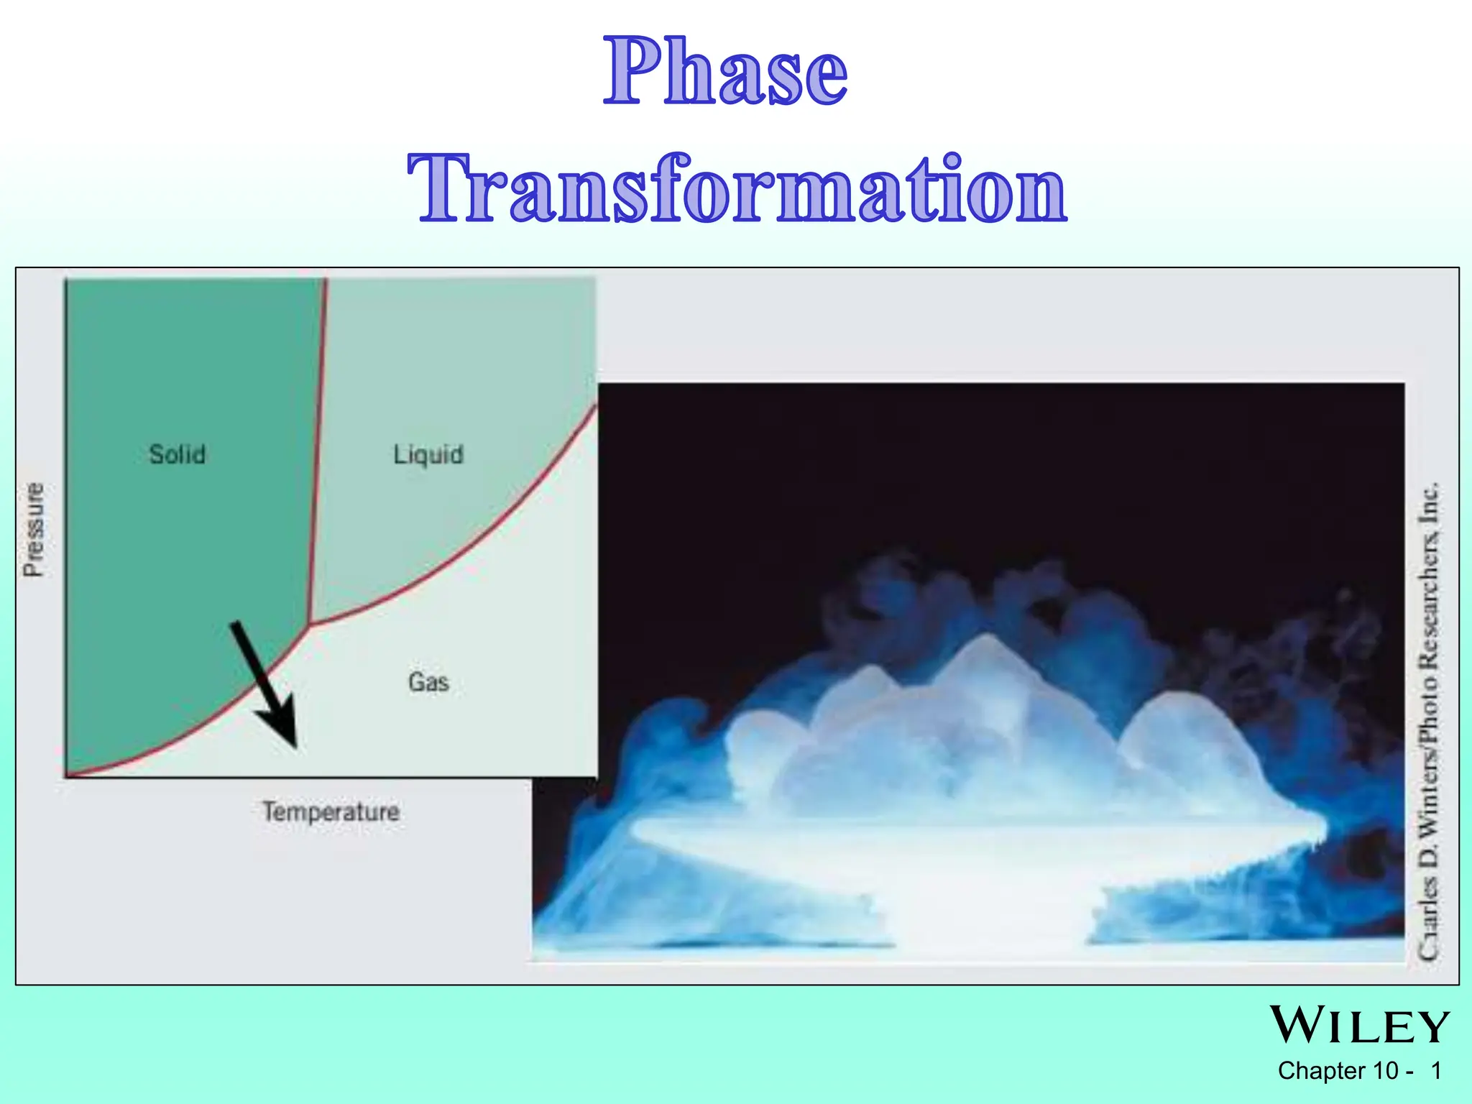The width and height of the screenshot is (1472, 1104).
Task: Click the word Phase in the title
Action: [x=726, y=72]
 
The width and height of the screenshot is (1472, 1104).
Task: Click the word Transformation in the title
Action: [x=737, y=188]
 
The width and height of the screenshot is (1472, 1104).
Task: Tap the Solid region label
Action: [x=177, y=454]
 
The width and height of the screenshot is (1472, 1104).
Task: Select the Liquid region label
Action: [x=428, y=455]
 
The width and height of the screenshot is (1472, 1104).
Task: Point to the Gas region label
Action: [x=428, y=682]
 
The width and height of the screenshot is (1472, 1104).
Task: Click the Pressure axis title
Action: [x=33, y=529]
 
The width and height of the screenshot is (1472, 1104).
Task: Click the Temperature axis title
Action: [x=331, y=812]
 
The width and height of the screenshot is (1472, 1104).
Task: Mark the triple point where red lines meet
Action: [x=310, y=624]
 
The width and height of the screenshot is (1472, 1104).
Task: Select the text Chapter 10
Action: [x=1337, y=1071]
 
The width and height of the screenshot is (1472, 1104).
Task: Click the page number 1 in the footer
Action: [x=1436, y=1071]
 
